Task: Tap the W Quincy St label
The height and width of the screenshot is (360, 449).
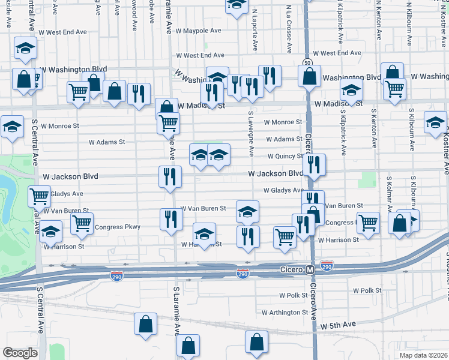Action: coord(285,156)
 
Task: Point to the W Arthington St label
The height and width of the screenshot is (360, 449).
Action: coord(285,313)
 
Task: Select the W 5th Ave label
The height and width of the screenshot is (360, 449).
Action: coord(338,325)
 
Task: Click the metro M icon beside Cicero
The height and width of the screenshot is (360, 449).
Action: coord(310,270)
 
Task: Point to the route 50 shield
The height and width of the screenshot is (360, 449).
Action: coord(307,62)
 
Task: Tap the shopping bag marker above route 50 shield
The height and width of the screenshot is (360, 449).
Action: coord(310,76)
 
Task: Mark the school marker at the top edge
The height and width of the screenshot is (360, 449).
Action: coord(237,4)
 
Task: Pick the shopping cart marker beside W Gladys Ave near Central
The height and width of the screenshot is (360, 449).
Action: coord(39,195)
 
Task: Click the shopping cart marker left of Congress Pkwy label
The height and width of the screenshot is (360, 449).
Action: coord(82,223)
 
